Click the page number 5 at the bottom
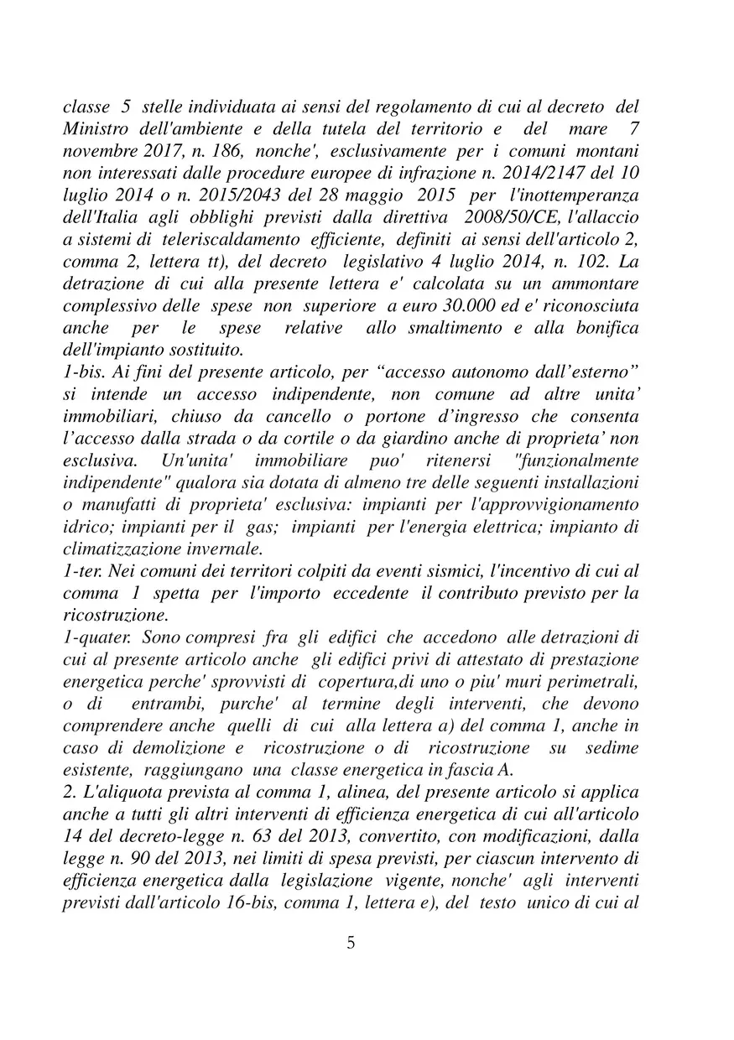pyautogui.click(x=351, y=943)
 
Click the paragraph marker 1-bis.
pyautogui.click(x=83, y=369)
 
